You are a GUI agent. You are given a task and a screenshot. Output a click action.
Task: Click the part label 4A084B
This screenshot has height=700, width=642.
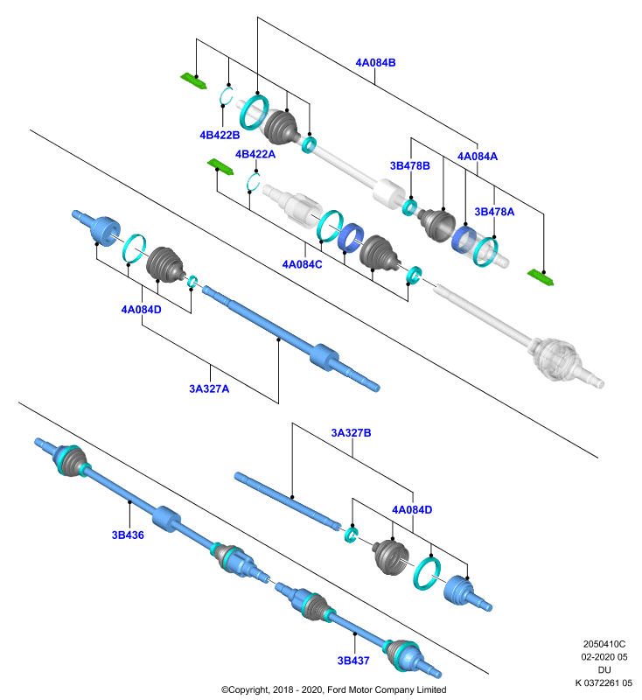pos(375,62)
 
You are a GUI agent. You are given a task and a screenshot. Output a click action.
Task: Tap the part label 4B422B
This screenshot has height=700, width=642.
pos(220,135)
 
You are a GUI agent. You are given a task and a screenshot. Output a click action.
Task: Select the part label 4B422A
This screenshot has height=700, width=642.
pos(255,154)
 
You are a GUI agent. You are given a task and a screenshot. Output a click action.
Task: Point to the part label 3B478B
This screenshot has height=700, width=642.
pos(410,165)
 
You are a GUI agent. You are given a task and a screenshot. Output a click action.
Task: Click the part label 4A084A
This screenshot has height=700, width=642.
pos(478,157)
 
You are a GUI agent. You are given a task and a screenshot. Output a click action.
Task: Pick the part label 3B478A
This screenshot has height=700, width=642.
pos(494,212)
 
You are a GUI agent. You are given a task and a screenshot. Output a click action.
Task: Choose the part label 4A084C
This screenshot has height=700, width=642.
pos(302,264)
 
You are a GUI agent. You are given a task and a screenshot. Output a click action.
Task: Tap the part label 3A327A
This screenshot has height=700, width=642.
pos(209,388)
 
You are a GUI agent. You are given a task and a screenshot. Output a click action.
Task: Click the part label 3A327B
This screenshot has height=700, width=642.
pos(351,432)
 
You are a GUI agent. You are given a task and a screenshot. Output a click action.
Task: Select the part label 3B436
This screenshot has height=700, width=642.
pos(128,535)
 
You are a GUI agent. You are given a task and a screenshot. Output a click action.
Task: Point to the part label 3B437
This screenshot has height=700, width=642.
pos(353,661)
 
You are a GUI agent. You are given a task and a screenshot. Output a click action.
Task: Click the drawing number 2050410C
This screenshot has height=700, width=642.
pos(604,644)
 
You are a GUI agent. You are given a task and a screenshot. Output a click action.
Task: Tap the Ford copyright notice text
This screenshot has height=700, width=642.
pos(334,689)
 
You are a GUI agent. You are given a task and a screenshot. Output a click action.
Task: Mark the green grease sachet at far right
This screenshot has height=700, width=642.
pos(541,277)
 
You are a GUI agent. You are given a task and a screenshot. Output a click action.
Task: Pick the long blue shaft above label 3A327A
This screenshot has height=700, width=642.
pos(291,339)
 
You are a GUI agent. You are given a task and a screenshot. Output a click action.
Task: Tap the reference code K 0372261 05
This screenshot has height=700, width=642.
pos(604,682)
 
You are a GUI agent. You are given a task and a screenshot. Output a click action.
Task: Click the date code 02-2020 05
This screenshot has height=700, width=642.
pos(604,657)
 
